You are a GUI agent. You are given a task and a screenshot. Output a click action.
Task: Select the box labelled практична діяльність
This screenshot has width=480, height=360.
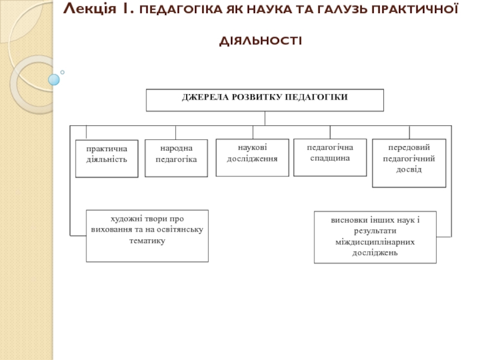[107, 158]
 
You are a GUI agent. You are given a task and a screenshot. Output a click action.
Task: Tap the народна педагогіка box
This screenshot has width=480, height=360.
[176, 158]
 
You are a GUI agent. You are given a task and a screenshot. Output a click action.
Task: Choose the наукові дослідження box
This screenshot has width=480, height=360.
[252, 158]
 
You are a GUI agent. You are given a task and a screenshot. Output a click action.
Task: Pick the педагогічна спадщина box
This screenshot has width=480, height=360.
[330, 157]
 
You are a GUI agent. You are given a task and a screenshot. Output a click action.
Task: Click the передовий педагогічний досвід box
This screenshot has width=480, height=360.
[409, 163]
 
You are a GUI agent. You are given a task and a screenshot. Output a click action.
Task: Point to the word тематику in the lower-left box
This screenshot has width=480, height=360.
[147, 241]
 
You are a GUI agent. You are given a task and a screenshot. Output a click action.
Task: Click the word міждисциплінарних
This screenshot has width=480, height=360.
[375, 242]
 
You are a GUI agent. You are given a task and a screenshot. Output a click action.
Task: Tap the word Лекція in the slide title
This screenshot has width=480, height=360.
[89, 9]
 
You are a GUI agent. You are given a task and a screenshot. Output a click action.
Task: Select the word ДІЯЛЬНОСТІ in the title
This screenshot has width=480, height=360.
[261, 41]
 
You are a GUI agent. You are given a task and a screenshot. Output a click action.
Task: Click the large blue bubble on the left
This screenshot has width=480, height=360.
[54, 80]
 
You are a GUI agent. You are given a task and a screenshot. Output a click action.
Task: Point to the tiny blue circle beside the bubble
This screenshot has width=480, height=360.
[62, 72]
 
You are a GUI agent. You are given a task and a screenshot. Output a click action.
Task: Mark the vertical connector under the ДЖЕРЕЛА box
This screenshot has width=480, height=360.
[265, 118]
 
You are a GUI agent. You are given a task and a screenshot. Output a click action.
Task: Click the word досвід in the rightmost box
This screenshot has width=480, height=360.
[409, 169]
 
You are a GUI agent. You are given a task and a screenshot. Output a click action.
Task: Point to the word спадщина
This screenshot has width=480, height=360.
[330, 158]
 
